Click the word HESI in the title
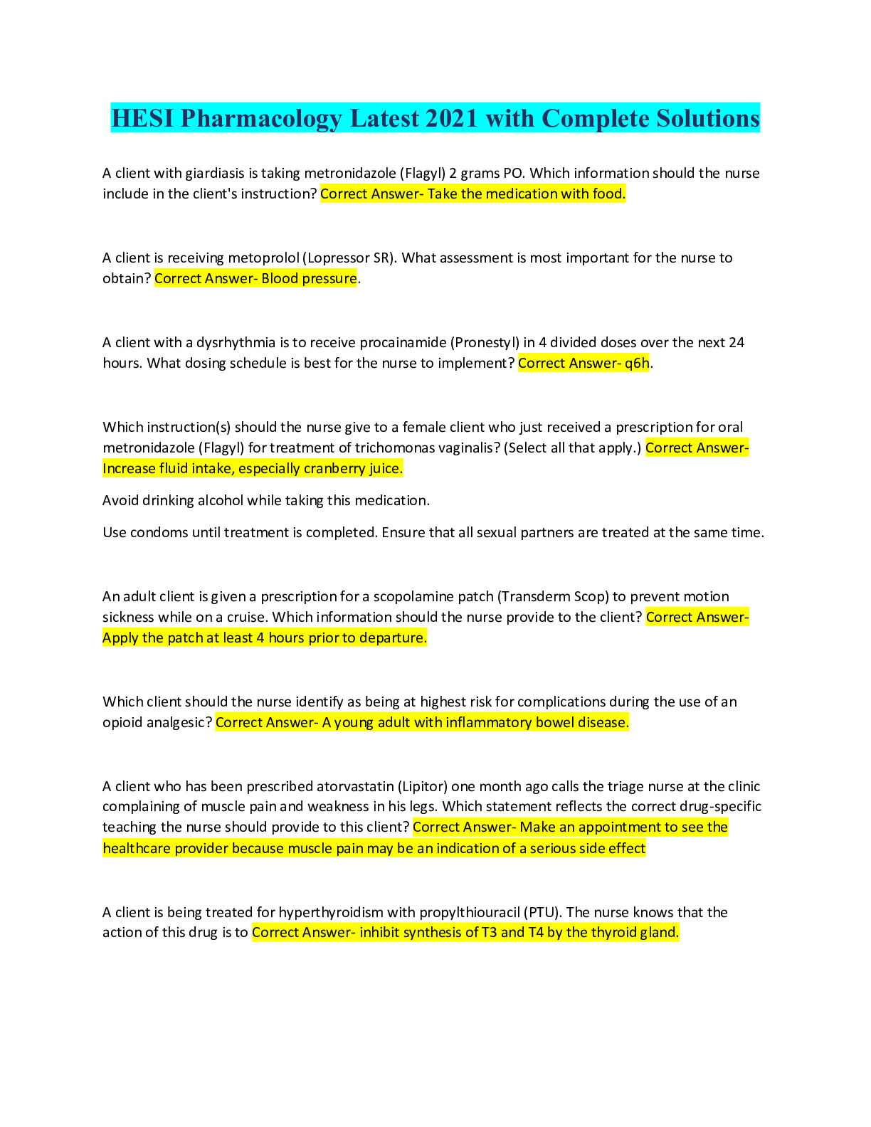142,118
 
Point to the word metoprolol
263,258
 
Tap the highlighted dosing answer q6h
637,363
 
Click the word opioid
120,722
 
